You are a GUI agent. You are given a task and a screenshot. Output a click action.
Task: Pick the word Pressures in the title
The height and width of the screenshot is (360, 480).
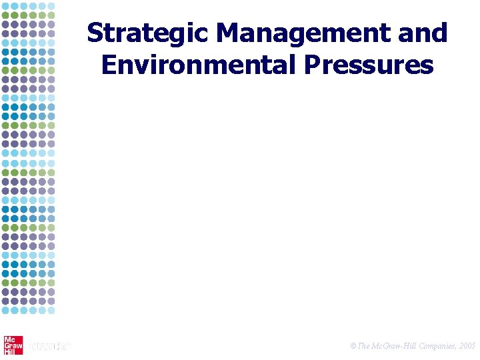pos(376,65)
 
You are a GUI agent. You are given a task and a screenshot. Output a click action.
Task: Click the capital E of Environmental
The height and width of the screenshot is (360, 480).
pos(107,65)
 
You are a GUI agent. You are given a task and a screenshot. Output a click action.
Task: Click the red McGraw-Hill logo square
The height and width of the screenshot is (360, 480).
pos(13,345)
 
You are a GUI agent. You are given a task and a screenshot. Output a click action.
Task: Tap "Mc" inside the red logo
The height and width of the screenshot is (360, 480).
pos(10,339)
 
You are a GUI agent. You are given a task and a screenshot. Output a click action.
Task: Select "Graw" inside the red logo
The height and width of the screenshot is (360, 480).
pos(13,345)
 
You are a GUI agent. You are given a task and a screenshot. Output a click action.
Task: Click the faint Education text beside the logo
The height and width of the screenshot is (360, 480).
pos(48,345)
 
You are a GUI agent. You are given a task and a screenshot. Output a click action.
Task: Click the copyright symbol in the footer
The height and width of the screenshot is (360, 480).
pos(353,346)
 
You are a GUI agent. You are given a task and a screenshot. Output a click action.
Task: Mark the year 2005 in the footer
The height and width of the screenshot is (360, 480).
pos(467,346)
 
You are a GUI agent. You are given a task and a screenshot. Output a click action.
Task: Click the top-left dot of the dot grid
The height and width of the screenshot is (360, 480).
pos(6,6)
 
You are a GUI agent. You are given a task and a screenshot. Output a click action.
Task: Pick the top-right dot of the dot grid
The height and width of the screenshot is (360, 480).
pos(51,6)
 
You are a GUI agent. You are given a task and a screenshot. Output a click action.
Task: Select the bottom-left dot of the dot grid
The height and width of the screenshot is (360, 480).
pos(6,309)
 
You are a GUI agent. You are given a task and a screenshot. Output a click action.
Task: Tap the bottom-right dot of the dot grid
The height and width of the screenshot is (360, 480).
pos(51,309)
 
